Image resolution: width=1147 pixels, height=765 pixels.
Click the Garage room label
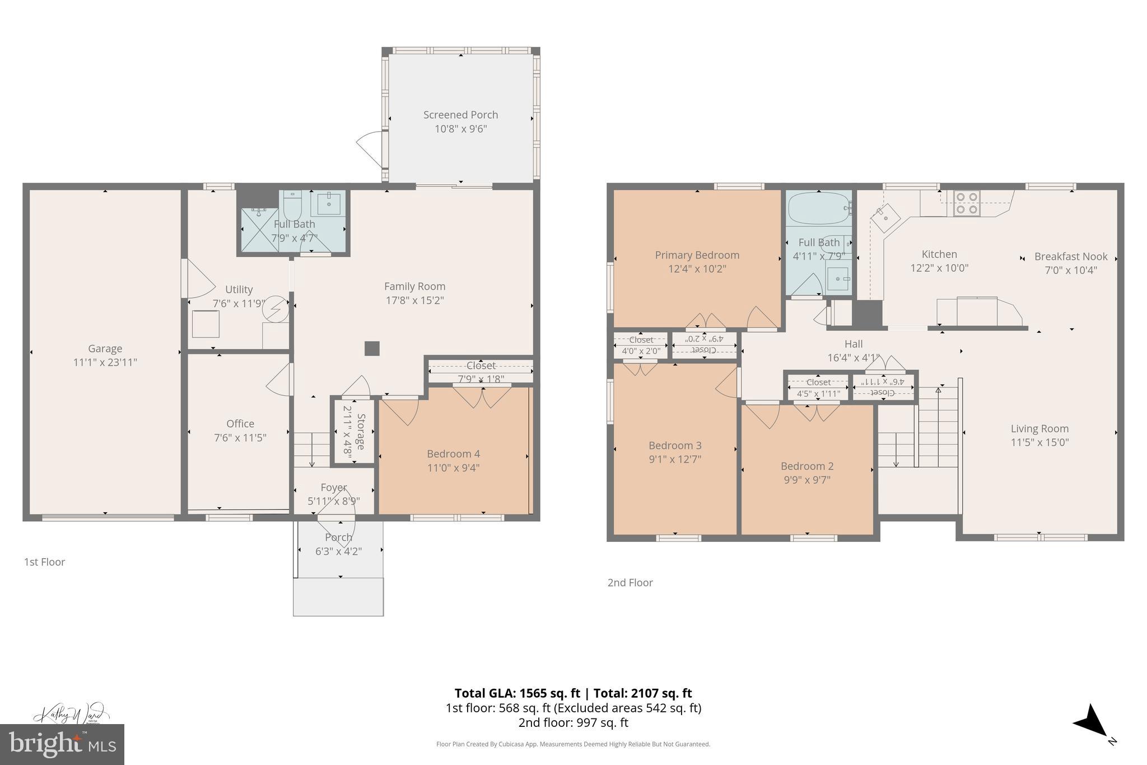(x=105, y=349)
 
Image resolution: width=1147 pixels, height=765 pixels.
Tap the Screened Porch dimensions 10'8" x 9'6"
(x=460, y=129)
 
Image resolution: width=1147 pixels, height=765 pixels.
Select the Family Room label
(x=414, y=286)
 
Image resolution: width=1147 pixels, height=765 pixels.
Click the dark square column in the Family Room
(x=372, y=349)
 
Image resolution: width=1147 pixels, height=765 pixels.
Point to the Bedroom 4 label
(x=453, y=454)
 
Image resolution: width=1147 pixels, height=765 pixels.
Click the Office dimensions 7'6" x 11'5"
(x=240, y=438)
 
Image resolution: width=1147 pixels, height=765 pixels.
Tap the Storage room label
(x=361, y=432)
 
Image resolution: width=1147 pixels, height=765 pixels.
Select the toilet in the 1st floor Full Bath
(x=292, y=206)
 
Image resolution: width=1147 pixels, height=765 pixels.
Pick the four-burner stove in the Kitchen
(x=967, y=203)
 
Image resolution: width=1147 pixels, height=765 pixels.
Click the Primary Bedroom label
(x=697, y=256)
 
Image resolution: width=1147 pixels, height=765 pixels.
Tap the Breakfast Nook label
(x=1070, y=257)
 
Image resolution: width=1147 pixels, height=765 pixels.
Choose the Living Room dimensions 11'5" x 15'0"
(x=1039, y=442)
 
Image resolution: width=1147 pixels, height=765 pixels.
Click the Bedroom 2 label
(x=807, y=466)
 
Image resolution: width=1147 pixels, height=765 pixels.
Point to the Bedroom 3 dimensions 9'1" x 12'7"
(x=674, y=460)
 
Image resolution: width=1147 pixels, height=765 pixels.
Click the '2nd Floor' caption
(x=630, y=583)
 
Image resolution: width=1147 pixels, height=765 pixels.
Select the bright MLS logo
(x=62, y=744)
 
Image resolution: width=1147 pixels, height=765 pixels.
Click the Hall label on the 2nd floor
(x=853, y=344)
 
